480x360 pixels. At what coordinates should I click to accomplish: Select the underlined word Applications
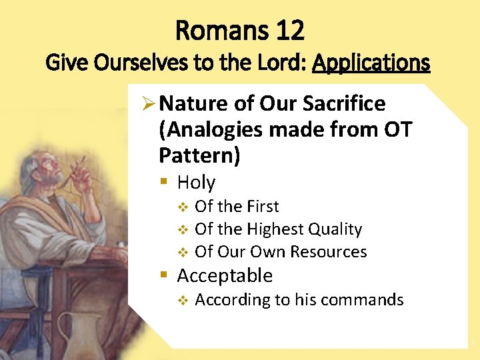click(x=371, y=63)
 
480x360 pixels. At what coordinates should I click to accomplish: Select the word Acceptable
click(x=225, y=275)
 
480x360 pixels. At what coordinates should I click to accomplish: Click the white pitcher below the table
click(x=87, y=333)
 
